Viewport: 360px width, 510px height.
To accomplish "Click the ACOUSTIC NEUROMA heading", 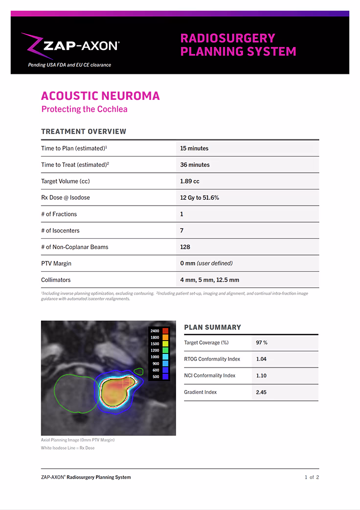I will [100, 95].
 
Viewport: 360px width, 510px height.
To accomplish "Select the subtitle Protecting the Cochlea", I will [84, 109].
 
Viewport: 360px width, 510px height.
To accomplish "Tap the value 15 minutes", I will [194, 148].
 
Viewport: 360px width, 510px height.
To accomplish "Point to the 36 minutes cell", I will [195, 165].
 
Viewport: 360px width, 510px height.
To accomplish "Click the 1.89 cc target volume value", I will [190, 181].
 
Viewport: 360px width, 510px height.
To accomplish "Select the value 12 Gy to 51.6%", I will [200, 198].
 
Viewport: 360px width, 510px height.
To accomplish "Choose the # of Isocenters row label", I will [60, 231].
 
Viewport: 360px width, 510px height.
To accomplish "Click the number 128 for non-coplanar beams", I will [185, 247].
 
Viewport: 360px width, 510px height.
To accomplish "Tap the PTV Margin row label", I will [56, 263].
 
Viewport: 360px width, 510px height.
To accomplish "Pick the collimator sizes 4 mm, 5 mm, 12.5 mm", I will [209, 280].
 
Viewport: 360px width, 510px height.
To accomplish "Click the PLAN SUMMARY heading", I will [212, 327].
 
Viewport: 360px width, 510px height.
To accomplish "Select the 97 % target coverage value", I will [262, 343].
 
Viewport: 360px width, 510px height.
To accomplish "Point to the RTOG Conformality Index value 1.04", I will [261, 359].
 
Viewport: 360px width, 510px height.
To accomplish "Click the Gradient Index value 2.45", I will [261, 392].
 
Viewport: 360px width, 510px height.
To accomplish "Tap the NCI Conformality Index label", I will [209, 375].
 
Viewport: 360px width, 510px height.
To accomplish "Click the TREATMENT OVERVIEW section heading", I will [84, 131].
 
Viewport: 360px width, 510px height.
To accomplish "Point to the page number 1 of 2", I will [312, 477].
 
